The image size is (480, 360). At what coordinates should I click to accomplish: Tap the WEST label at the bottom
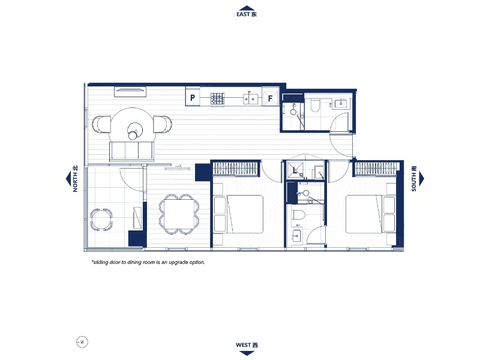[x=247, y=344]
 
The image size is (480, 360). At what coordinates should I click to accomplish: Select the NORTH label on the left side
[x=76, y=179]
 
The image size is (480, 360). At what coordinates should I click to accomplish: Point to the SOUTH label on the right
[x=414, y=179]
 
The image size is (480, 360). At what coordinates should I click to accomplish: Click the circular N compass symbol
[x=82, y=342]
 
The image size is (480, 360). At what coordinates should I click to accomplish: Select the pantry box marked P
[x=193, y=97]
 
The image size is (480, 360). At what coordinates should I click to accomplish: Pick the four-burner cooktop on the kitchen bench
[x=217, y=98]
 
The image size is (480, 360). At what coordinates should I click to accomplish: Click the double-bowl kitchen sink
[x=251, y=98]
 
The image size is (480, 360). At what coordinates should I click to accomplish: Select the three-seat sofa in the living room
[x=131, y=151]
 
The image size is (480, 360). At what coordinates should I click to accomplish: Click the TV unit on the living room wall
[x=130, y=91]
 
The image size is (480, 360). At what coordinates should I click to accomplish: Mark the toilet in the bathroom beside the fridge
[x=315, y=107]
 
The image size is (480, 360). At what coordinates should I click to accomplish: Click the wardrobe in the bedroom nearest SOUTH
[x=375, y=169]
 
